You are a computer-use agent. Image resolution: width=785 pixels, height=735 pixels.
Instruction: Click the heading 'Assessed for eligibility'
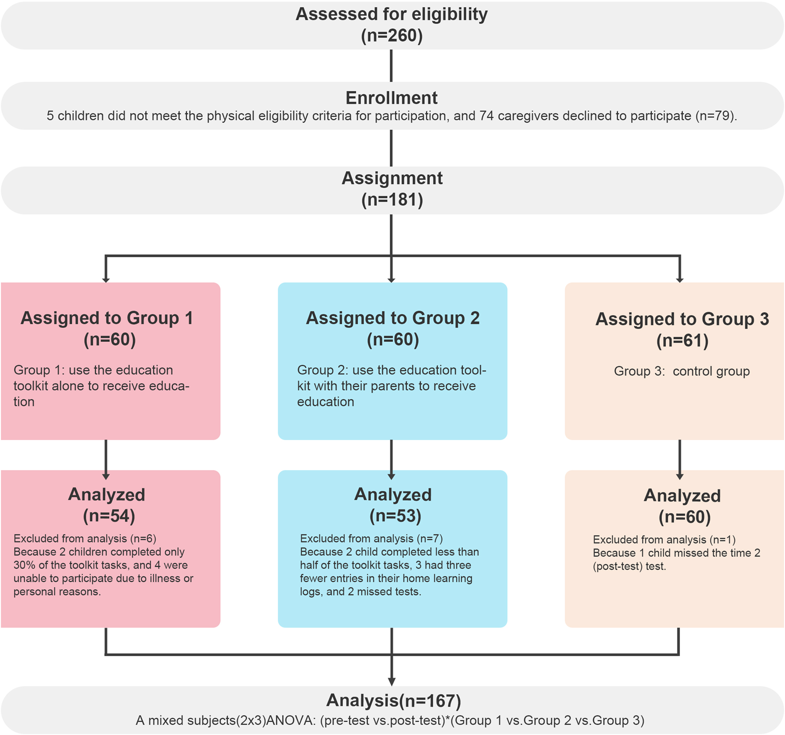point(392,14)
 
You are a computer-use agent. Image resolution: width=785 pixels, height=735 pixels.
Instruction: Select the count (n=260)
point(392,35)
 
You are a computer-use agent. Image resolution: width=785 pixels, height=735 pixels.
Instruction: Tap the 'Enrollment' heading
point(392,98)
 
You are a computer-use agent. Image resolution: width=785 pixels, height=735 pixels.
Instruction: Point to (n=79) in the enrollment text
point(715,116)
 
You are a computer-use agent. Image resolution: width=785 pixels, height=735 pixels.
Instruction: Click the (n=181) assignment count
point(392,200)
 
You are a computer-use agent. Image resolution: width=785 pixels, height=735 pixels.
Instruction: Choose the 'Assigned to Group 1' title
point(107,318)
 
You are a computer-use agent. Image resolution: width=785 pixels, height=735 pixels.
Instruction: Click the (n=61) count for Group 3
point(682,340)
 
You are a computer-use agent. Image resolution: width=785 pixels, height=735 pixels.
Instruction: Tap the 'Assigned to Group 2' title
point(393,318)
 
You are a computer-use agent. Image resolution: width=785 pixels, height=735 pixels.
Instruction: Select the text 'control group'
point(711,371)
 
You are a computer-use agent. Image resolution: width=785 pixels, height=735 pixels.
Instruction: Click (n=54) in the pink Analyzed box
point(109,516)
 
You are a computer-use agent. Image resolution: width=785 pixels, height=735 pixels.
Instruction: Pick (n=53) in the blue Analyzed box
point(395,516)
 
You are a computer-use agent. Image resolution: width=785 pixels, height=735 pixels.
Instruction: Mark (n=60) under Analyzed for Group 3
point(684,517)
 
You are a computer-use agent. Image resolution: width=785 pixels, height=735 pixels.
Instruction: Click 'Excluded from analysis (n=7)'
point(371,538)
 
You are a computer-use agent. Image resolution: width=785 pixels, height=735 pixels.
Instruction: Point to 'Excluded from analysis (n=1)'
point(664,540)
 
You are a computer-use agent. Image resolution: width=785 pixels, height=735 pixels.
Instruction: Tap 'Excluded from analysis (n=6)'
point(85,538)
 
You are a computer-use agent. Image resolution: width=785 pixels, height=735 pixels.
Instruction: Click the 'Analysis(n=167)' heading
point(393,700)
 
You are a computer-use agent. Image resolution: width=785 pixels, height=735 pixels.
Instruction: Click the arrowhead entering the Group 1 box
point(106,279)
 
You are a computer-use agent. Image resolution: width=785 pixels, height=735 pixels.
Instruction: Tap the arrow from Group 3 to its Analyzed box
point(680,460)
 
